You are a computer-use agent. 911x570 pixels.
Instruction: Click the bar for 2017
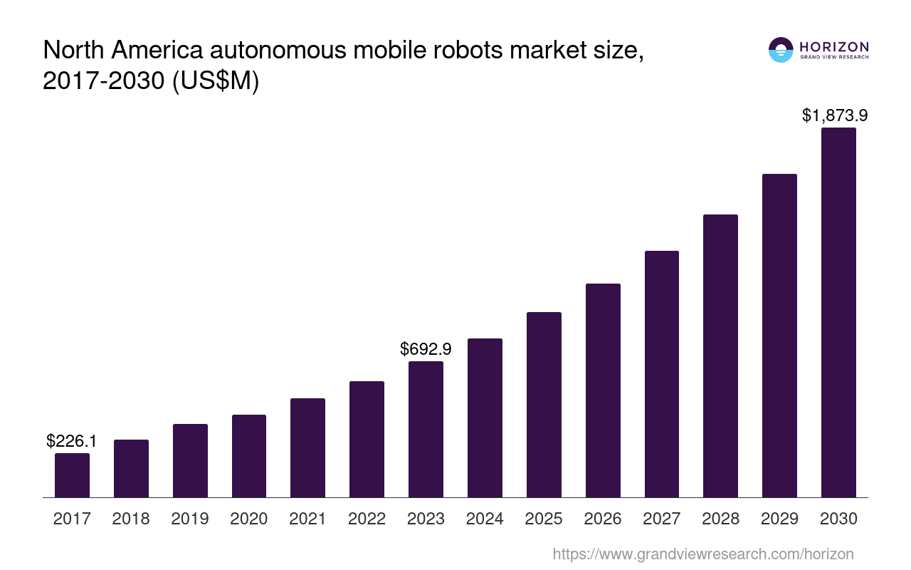point(72,475)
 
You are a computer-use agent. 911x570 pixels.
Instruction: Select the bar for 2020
point(249,456)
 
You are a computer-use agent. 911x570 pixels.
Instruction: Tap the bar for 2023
point(426,429)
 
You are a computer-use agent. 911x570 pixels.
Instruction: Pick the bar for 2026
point(603,390)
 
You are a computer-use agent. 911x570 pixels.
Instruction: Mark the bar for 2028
point(720,356)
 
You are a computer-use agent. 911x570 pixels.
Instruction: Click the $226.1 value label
point(72,442)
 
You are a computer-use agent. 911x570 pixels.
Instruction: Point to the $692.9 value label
point(426,349)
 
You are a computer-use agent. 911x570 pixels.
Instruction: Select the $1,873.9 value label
point(834,115)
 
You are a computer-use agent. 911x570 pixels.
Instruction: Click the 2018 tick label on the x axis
point(131,519)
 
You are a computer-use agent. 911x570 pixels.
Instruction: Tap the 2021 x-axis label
point(308,519)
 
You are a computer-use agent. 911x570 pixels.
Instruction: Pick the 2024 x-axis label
point(485,519)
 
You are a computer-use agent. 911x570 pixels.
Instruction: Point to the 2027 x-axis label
point(662,519)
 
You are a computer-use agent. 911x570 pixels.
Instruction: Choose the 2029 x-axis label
point(779,519)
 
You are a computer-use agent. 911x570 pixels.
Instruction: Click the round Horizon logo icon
point(781,50)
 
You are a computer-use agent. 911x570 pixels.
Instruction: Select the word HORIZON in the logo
point(834,47)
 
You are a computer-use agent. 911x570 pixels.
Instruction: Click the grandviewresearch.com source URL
point(702,554)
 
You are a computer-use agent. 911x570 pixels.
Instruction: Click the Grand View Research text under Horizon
point(834,58)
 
